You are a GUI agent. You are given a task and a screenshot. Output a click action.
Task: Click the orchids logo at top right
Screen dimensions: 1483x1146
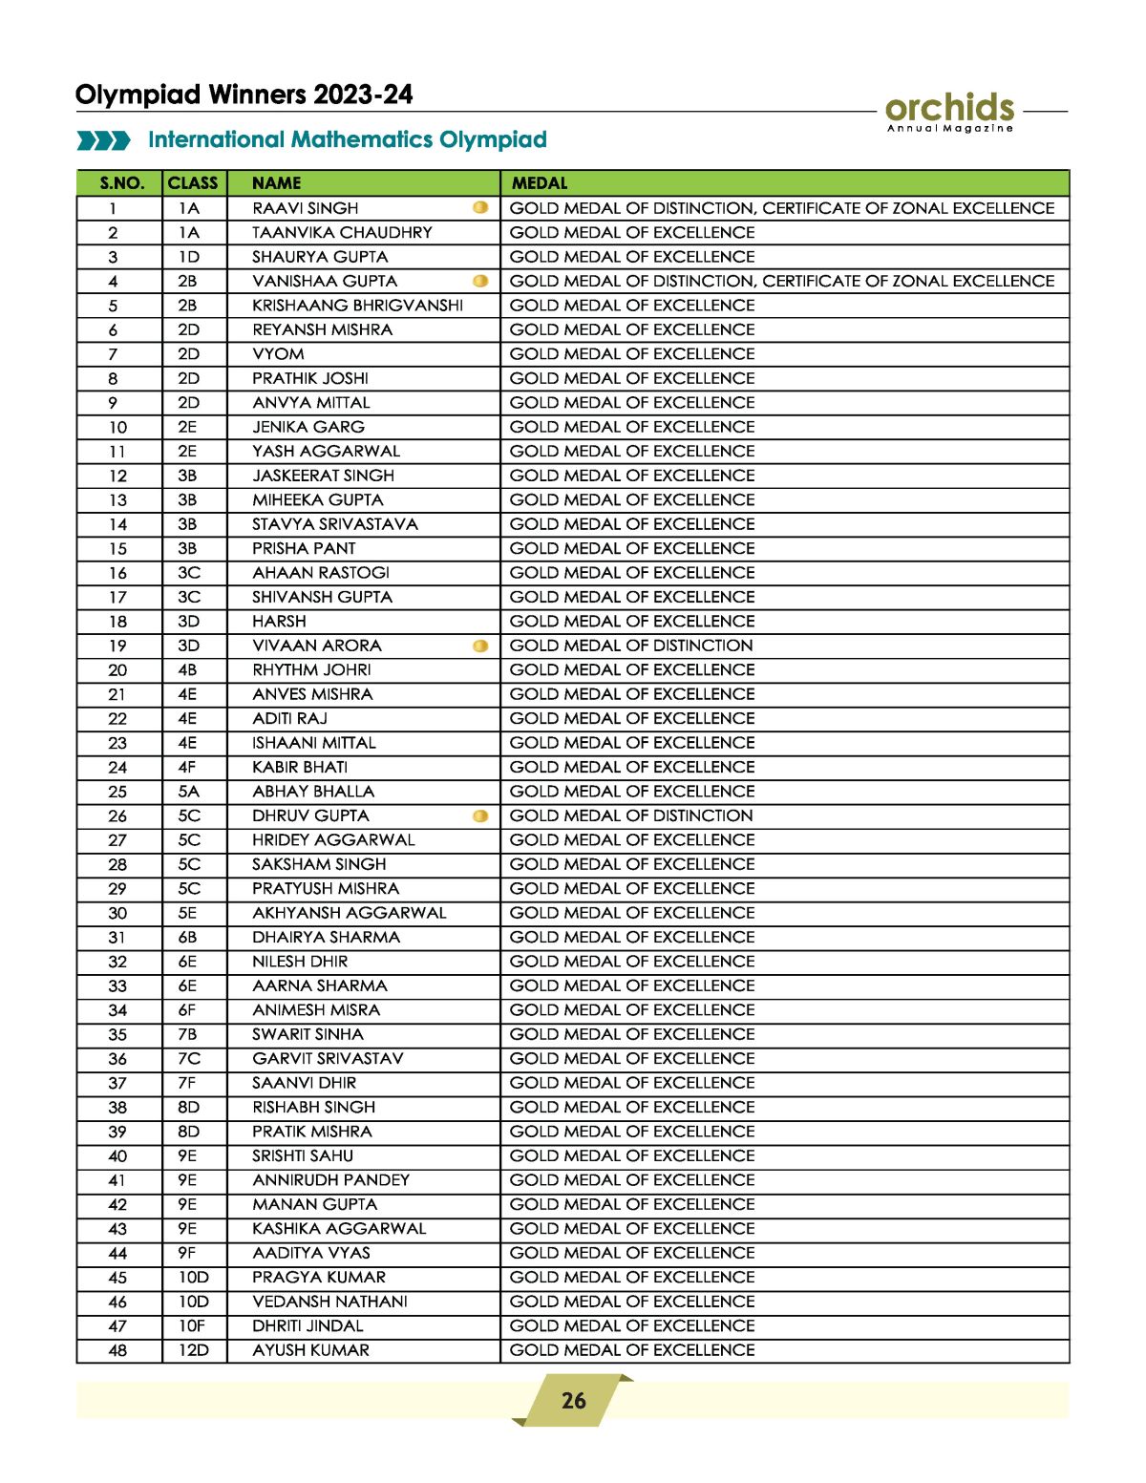click(x=949, y=111)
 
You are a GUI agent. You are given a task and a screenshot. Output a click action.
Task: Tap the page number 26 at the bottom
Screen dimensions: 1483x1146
click(x=573, y=1400)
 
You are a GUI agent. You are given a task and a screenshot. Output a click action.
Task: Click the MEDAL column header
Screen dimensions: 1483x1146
click(x=540, y=183)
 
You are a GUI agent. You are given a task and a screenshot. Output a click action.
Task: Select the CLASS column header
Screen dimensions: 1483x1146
click(x=193, y=183)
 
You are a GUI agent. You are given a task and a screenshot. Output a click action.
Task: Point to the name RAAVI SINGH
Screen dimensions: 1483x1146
click(x=306, y=208)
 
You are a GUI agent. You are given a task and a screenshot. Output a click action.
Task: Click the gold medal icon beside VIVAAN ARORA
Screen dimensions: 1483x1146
click(x=480, y=646)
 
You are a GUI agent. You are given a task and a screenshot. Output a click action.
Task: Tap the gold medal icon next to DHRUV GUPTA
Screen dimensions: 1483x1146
click(x=480, y=816)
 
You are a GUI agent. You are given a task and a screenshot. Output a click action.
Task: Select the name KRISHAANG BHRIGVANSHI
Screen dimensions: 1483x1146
click(x=357, y=306)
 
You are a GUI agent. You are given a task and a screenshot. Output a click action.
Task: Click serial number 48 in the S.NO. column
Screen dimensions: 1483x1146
click(x=117, y=1350)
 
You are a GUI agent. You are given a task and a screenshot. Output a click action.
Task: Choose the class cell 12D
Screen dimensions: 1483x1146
click(x=193, y=1350)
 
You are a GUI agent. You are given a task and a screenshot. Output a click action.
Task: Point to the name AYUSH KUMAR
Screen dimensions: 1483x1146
click(x=310, y=1350)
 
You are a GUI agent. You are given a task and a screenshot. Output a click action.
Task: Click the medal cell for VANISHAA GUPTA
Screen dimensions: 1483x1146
click(x=781, y=281)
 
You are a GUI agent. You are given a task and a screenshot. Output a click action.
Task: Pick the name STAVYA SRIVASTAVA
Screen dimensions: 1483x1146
click(x=334, y=524)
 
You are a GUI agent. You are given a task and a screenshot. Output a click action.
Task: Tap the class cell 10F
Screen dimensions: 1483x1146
click(x=191, y=1326)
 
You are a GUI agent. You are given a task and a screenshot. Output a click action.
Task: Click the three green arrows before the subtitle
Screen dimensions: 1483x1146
click(x=103, y=141)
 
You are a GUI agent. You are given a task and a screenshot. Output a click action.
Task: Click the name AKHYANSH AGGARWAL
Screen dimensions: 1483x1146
click(x=349, y=913)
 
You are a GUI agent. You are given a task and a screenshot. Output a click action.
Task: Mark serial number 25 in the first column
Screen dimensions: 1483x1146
click(x=117, y=792)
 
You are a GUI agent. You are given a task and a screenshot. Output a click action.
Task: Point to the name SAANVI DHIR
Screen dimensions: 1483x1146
click(x=304, y=1083)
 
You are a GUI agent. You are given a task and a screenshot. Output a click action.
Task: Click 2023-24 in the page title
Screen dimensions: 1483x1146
click(x=363, y=95)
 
